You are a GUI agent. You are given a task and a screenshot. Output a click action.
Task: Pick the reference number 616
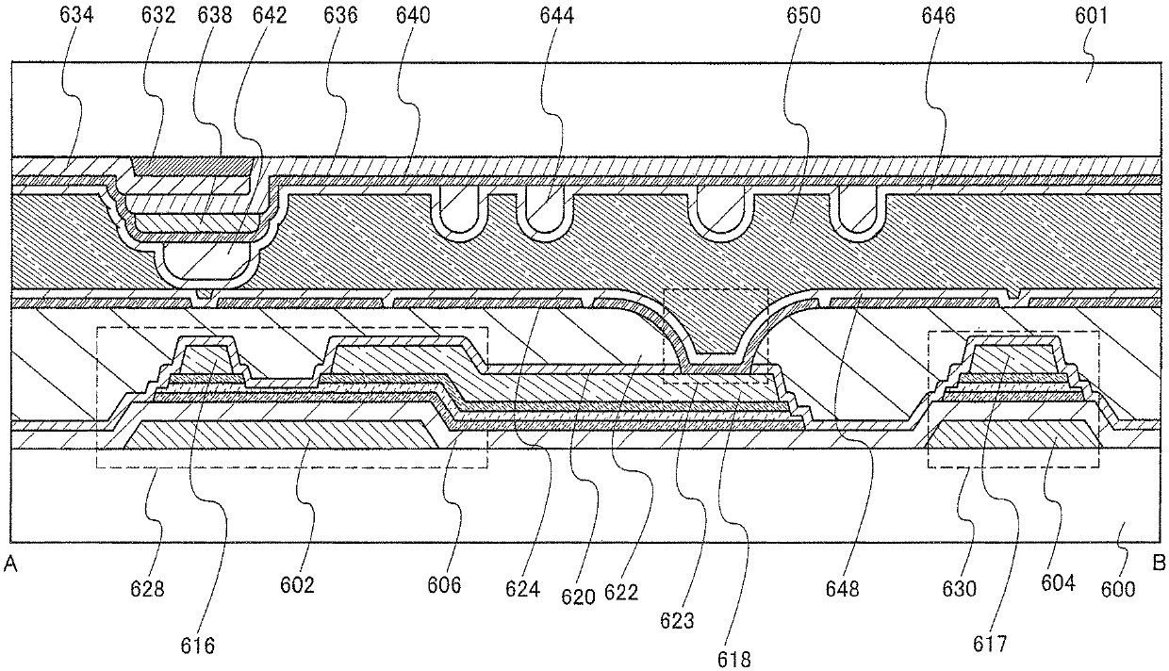[199, 646]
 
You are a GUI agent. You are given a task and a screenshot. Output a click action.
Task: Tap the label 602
[296, 585]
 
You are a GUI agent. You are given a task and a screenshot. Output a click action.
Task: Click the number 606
[443, 585]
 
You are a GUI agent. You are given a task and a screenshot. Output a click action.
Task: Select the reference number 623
[678, 622]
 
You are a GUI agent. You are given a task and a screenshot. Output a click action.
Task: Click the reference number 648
[842, 590]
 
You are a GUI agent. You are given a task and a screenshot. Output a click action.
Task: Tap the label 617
[990, 646]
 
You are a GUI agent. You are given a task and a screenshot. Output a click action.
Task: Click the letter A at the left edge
[10, 565]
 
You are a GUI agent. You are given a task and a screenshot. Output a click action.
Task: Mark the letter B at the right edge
[1159, 565]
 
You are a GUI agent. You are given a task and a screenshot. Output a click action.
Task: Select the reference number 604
[1057, 584]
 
